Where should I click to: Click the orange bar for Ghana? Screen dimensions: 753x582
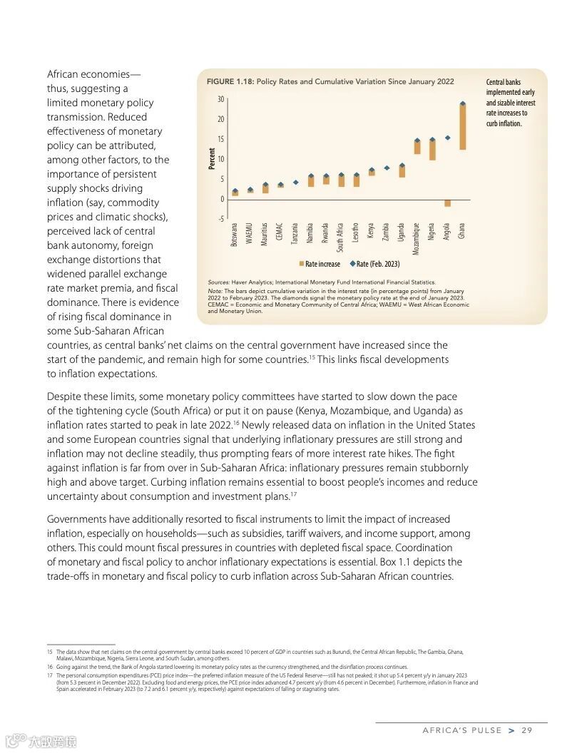[463, 127]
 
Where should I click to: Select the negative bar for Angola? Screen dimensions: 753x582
[448, 203]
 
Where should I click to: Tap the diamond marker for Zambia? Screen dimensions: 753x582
[387, 168]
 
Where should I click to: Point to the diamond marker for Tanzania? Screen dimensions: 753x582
[296, 183]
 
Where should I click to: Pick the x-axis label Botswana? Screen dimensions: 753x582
[235, 233]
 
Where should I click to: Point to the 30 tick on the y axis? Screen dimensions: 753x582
[220, 99]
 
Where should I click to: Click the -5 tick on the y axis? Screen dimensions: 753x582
[220, 219]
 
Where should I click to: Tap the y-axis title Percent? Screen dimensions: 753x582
[212, 158]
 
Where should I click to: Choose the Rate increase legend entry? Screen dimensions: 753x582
[320, 265]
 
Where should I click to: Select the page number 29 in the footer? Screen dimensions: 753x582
[527, 730]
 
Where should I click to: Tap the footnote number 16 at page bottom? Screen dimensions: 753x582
[50, 667]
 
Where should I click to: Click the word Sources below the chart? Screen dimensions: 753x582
[218, 282]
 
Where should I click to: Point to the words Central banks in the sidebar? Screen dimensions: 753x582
[504, 83]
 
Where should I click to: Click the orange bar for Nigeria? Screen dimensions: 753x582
[432, 150]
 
